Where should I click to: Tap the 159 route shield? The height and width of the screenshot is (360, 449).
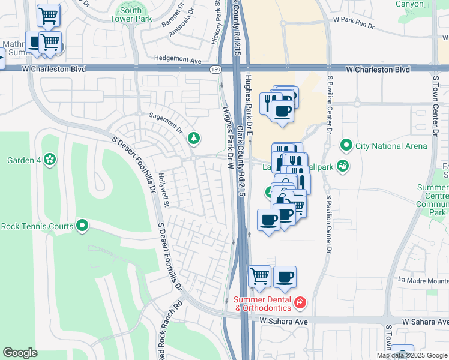pyautogui.click(x=214, y=69)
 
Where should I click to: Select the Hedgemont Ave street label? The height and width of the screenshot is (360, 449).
pyautogui.click(x=178, y=60)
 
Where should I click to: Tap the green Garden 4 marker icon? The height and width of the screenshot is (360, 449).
pyautogui.click(x=50, y=160)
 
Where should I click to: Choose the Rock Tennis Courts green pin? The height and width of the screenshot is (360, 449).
pyautogui.click(x=82, y=226)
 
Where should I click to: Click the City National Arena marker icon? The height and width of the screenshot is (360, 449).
pyautogui.click(x=346, y=145)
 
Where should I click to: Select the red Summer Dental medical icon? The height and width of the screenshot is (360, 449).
pyautogui.click(x=300, y=304)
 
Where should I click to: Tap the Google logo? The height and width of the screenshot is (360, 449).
pyautogui.click(x=20, y=353)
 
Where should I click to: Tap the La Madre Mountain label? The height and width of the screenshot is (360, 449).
pyautogui.click(x=423, y=280)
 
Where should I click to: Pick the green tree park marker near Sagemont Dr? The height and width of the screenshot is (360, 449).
pyautogui.click(x=193, y=139)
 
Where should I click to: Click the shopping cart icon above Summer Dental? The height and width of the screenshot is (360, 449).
pyautogui.click(x=259, y=277)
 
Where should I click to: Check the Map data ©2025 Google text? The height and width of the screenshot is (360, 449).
pyautogui.click(x=412, y=355)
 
